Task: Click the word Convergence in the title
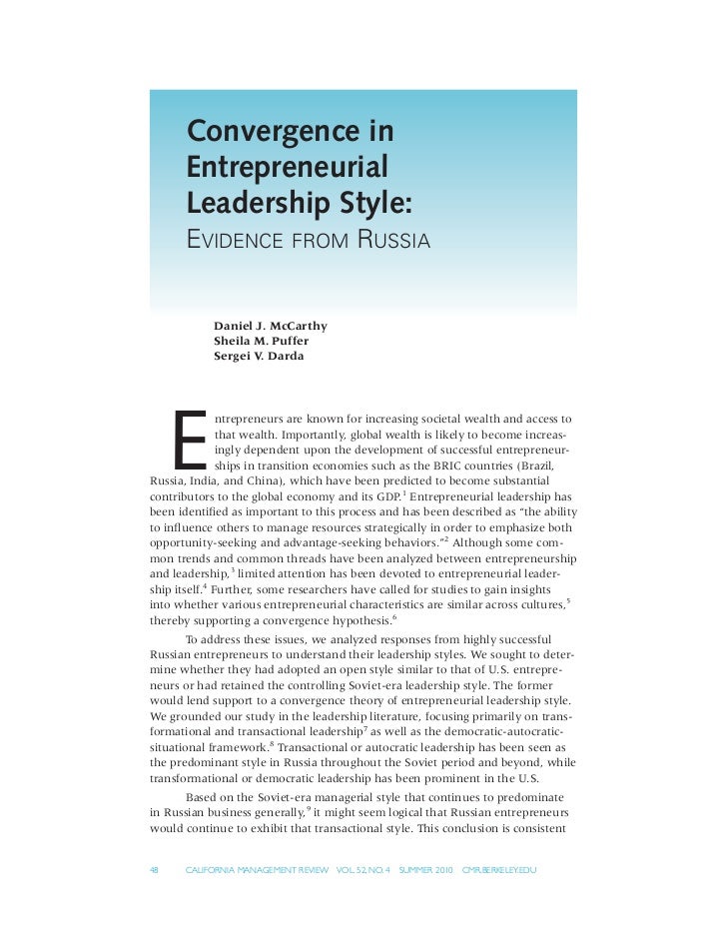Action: click(291, 132)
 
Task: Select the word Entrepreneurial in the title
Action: click(287, 167)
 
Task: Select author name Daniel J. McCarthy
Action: click(271, 326)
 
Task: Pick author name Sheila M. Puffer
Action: click(262, 341)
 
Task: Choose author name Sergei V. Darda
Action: click(259, 356)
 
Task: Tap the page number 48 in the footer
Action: click(155, 870)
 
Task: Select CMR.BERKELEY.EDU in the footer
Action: click(499, 870)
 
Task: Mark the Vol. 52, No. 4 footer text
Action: click(363, 870)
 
